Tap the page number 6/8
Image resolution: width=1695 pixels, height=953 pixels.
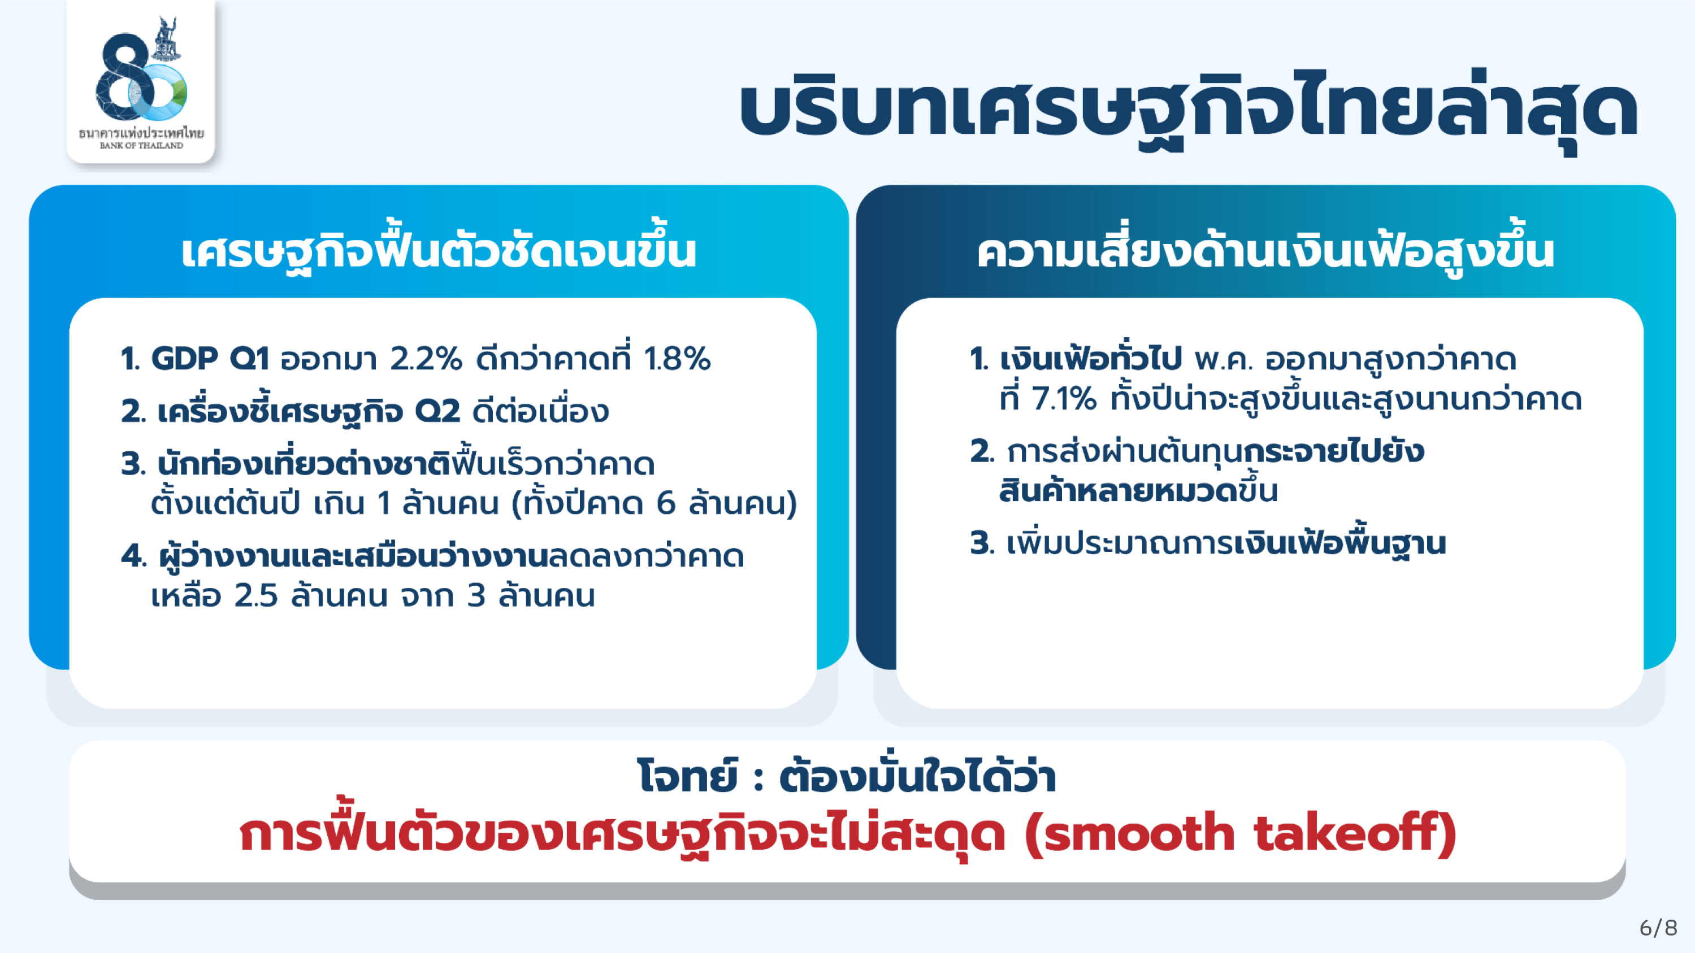click(1658, 928)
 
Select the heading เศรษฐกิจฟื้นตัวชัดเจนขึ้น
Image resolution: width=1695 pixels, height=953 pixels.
click(439, 250)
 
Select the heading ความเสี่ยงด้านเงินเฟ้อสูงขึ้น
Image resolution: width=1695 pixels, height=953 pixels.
click(1265, 250)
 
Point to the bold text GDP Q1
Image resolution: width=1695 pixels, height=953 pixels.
click(210, 359)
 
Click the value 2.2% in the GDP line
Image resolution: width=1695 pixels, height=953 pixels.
click(426, 359)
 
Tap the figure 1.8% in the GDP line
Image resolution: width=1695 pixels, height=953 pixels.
click(677, 359)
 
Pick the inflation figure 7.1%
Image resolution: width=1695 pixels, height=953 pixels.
click(1064, 399)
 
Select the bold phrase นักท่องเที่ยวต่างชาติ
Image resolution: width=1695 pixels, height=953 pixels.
click(304, 463)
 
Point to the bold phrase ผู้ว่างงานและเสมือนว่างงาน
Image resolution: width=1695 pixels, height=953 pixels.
click(353, 556)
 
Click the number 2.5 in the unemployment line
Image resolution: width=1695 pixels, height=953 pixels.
click(257, 595)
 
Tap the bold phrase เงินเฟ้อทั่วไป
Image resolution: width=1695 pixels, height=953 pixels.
click(1090, 359)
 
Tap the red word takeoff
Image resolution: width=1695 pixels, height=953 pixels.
click(1348, 833)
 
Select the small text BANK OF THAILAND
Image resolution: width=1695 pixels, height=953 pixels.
click(141, 145)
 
